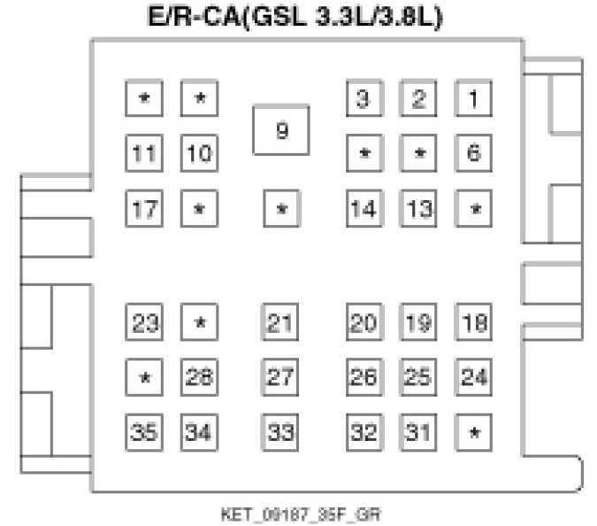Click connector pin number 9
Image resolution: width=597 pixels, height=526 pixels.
[281, 129]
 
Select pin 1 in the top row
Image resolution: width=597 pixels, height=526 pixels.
[474, 98]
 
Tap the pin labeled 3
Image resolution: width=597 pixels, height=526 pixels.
[363, 98]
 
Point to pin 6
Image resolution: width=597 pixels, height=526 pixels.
[474, 152]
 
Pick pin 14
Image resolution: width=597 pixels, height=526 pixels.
[363, 209]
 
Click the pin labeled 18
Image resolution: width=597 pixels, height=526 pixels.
[474, 322]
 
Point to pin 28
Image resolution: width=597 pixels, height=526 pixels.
[199, 376]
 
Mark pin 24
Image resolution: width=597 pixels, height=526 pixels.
[474, 376]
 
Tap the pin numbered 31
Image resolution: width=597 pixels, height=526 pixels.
[418, 432]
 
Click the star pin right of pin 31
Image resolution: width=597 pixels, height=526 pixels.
[474, 432]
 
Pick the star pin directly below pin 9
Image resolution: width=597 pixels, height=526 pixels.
[281, 209]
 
